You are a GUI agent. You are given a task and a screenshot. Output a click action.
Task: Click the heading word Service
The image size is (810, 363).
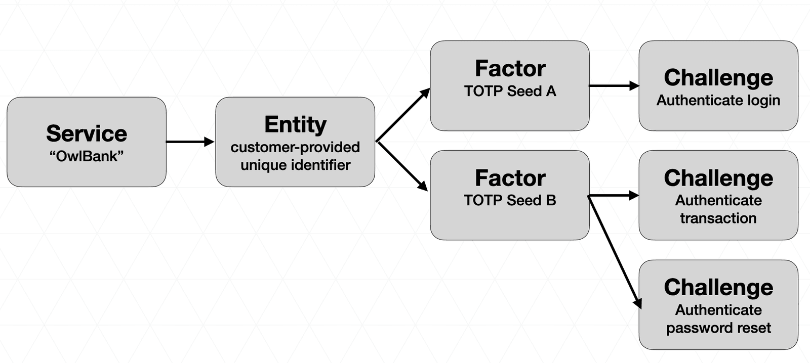pos(87,133)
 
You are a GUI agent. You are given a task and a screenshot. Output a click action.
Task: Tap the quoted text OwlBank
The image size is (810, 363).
pos(87,156)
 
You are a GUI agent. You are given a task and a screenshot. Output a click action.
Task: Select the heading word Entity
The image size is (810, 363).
pos(295,124)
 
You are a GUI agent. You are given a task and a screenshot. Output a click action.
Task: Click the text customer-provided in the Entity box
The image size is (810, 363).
pos(295,147)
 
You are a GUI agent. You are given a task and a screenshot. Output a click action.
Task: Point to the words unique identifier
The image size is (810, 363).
pos(295,165)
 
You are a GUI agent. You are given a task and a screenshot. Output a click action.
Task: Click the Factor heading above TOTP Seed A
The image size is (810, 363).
pos(510,69)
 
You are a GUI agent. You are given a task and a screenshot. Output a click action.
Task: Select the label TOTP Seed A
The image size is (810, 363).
pos(510,91)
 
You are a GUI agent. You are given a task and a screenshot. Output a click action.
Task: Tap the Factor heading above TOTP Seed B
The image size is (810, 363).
pos(510,178)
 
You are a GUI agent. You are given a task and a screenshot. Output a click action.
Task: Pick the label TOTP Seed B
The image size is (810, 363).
pos(510,200)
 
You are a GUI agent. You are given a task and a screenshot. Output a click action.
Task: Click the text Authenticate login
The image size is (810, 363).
pos(718,100)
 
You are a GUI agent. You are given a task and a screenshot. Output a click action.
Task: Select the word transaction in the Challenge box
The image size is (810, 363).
pos(718,218)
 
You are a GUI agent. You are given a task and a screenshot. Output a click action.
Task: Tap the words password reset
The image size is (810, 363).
pos(718,328)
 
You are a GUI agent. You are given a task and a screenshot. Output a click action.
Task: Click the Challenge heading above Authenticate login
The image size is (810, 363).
pos(718,78)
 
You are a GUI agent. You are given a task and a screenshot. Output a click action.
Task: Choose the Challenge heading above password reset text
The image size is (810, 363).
pos(718,287)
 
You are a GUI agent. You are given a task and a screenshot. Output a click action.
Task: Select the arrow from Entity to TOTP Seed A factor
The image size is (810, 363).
pos(403,115)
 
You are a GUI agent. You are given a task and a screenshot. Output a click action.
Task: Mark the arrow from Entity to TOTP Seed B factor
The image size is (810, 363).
pos(403,166)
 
